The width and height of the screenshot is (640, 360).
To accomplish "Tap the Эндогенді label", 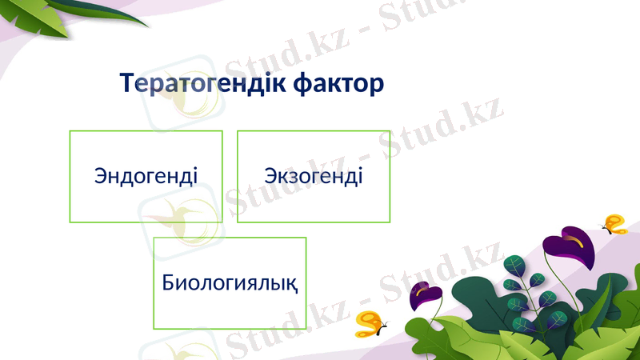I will click(x=146, y=175).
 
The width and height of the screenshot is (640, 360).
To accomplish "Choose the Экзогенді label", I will click(x=314, y=175).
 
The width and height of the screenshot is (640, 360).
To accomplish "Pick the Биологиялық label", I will click(x=230, y=282).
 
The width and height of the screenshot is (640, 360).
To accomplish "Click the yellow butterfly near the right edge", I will click(x=614, y=224).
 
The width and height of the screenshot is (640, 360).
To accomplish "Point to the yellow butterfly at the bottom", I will click(x=370, y=323).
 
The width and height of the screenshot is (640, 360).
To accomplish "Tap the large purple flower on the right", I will click(x=570, y=250).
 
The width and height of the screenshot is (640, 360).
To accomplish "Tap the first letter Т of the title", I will click(x=127, y=82).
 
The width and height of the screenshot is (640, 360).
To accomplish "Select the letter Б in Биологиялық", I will click(x=168, y=282).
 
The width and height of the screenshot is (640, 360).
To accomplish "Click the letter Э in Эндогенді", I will click(x=101, y=175).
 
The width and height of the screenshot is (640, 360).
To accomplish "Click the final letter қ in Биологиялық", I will click(x=294, y=284).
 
